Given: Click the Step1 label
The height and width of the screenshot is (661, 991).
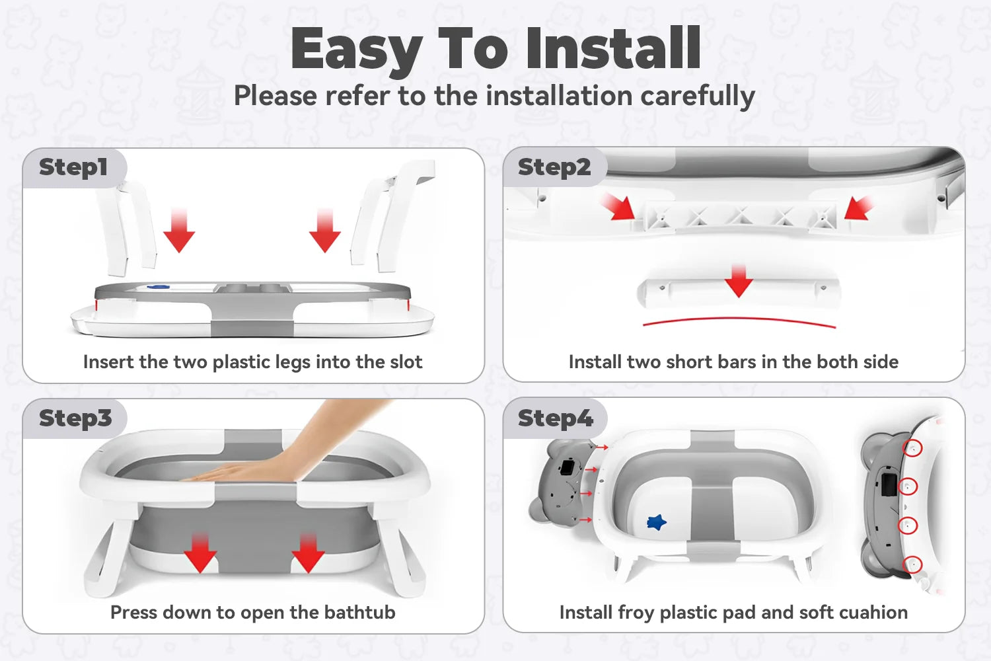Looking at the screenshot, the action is coord(73,168).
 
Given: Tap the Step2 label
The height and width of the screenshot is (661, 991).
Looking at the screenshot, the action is coord(554,168).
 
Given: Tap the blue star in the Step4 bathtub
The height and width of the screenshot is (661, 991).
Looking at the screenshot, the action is coord(657,522).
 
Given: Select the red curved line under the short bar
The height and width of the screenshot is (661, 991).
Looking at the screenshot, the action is coord(739,321).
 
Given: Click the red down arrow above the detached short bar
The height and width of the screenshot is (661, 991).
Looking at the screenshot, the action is coord(739,281).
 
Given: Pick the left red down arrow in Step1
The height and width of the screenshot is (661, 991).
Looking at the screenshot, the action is coord(179,230).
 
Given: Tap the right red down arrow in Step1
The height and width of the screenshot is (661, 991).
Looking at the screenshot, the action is coord(325,230).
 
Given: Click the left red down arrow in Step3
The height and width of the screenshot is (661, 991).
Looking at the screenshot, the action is coord(200,553).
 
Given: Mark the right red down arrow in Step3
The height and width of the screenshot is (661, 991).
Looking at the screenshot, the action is coord(309,553).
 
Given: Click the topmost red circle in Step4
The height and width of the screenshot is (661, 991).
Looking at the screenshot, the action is coord(912,448).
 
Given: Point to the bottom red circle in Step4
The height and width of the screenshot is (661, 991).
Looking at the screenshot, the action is coord(912,564).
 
